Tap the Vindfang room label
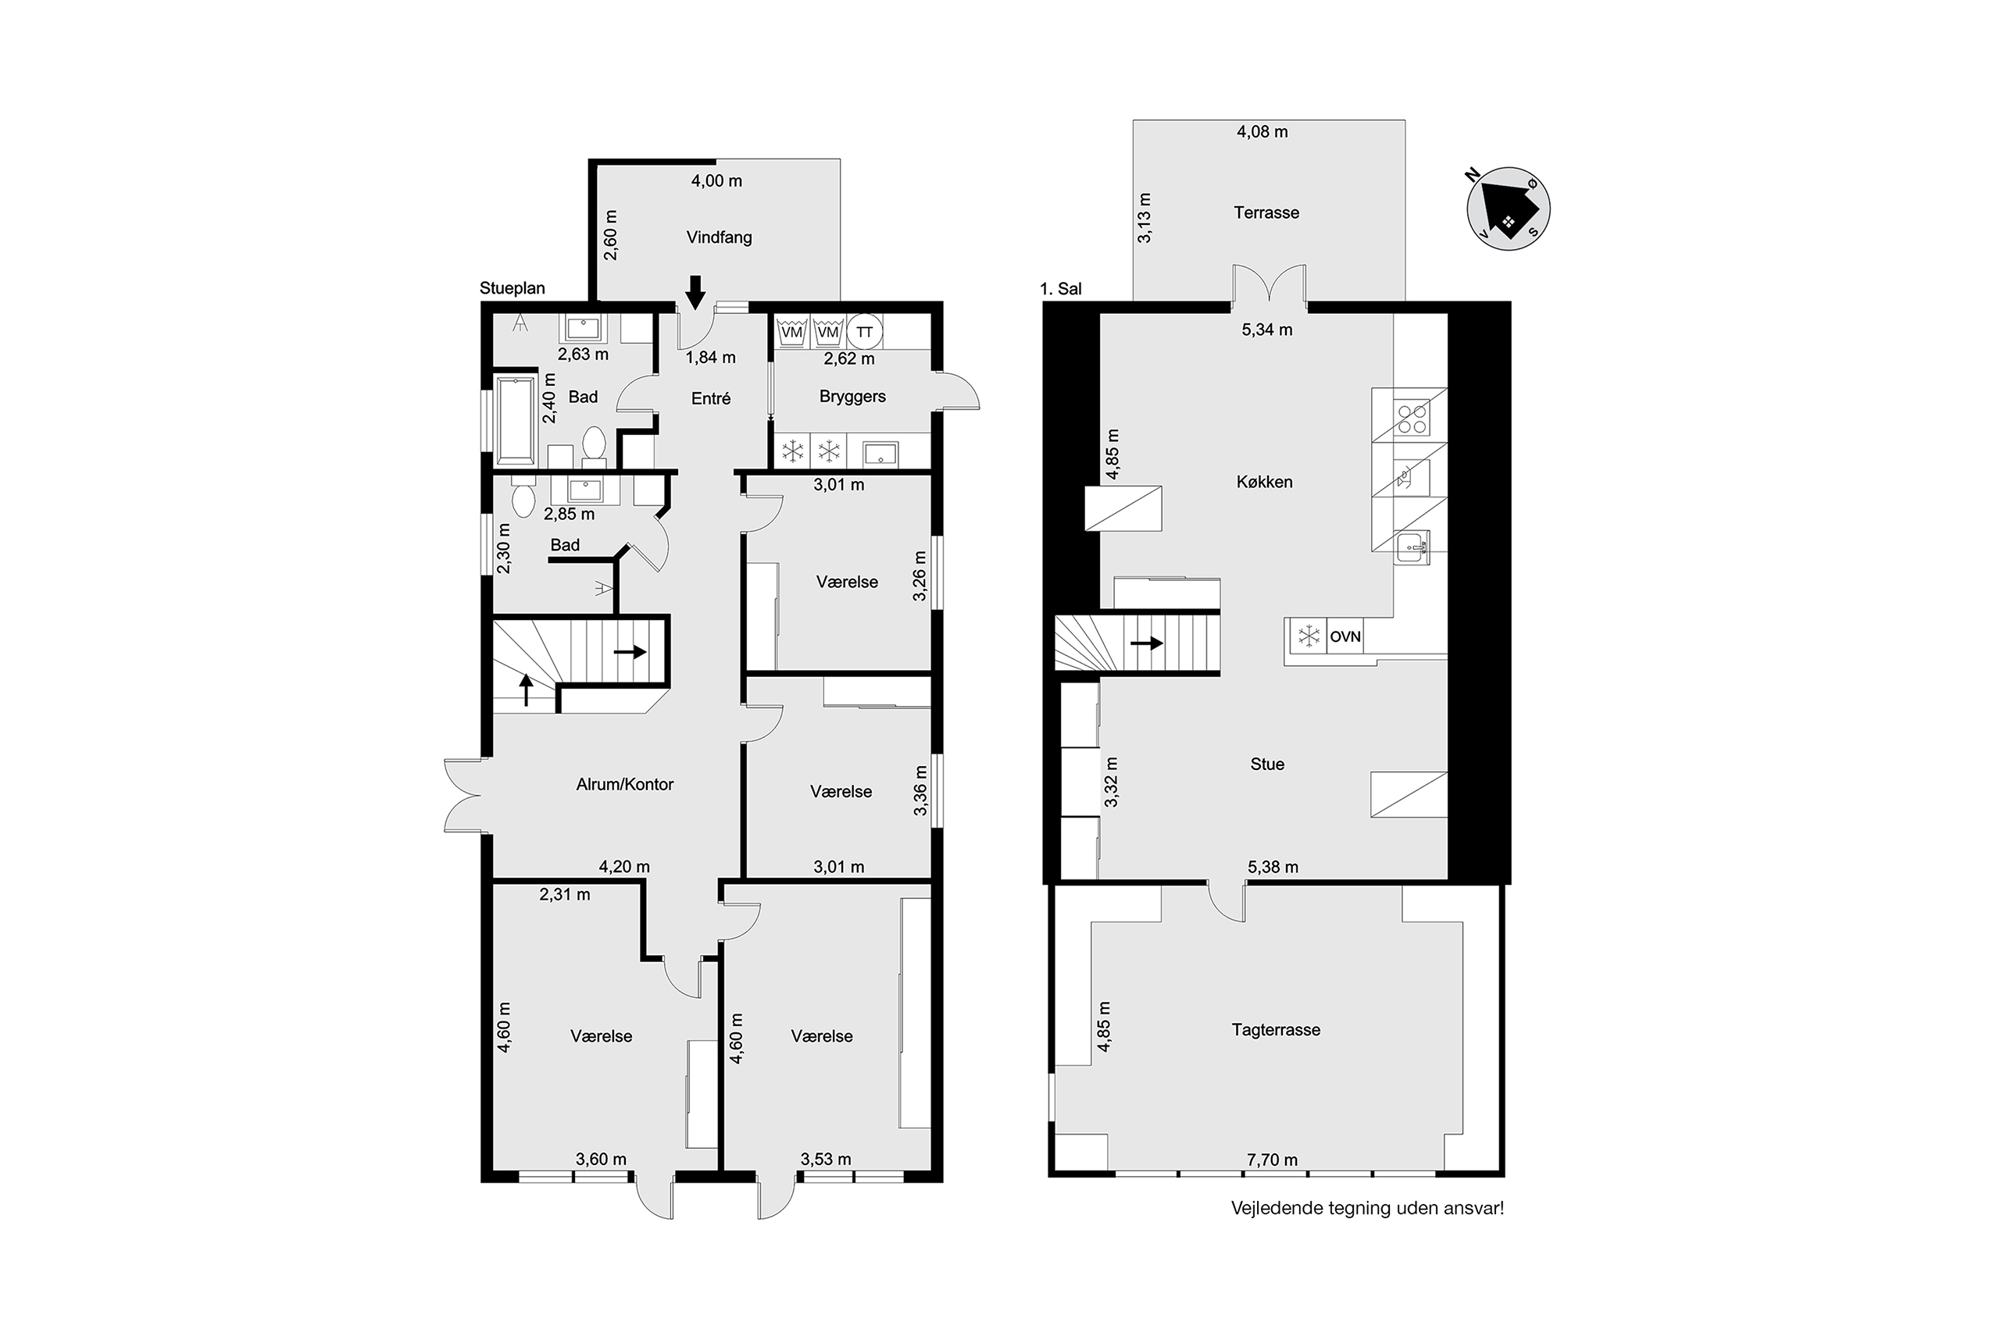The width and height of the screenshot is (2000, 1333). pos(720,237)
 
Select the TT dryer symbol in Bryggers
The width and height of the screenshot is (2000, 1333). pos(865,333)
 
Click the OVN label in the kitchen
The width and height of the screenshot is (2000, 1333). pos(1345,636)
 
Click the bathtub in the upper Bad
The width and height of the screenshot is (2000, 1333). pos(515,419)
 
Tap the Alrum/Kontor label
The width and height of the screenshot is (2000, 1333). pos(625,785)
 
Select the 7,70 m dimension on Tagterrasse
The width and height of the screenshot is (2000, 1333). pos(1272,1160)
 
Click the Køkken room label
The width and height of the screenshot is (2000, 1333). pos(1265,482)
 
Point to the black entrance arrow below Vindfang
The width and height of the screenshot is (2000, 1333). pos(695,292)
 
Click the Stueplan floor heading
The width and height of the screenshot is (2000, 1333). pos(512,288)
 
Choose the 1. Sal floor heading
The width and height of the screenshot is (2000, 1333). pos(1061,289)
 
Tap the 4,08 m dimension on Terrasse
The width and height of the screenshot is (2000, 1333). pos(1262,132)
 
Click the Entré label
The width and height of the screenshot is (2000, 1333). pos(711,397)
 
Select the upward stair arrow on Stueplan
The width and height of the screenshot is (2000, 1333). pos(527,690)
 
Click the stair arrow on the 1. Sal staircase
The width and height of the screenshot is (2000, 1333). pos(1146,643)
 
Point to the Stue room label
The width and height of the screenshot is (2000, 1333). pos(1267,765)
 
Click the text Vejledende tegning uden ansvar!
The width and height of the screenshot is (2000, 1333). pos(1367,1208)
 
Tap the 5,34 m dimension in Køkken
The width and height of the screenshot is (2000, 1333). pos(1267,330)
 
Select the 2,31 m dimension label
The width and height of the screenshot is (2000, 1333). pos(565,894)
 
